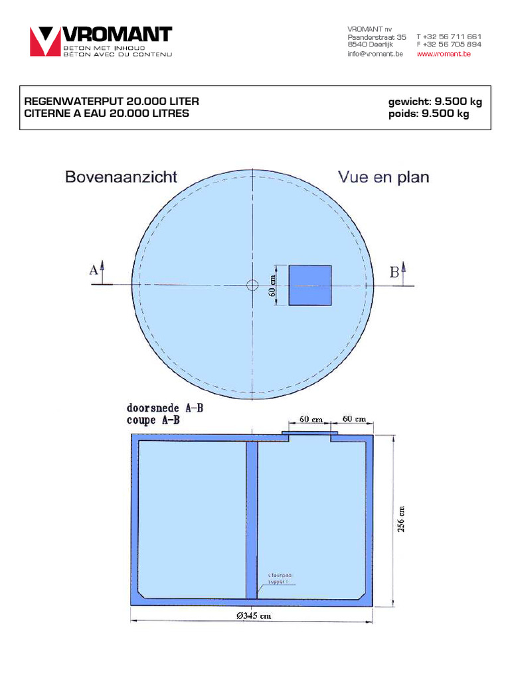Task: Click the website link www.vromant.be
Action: pos(444,54)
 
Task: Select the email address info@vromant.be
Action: pos(375,54)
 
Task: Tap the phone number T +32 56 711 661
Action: pos(449,37)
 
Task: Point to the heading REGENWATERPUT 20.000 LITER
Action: pos(112,102)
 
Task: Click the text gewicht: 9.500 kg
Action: pos(435,102)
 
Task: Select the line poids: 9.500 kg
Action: pos(428,114)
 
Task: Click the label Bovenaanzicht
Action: pos(121,177)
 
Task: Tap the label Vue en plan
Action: pos(383,177)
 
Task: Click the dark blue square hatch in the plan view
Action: pos(310,286)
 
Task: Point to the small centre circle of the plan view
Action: pos(252,286)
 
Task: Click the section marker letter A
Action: pos(94,270)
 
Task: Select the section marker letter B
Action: pos(394,271)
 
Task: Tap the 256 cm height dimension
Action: pos(400,519)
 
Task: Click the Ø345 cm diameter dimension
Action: pos(253,616)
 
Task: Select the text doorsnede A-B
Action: pos(165,408)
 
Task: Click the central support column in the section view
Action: pos(252,518)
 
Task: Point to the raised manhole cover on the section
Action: pos(310,435)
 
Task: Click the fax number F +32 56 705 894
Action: pos(449,44)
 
